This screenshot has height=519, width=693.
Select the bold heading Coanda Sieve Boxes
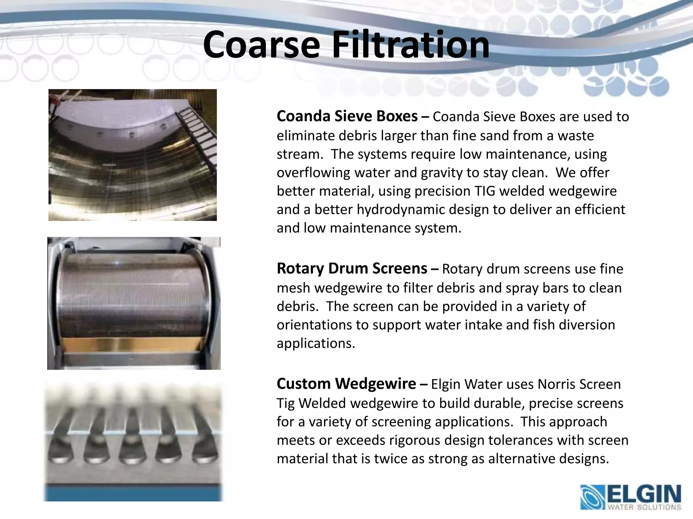click(x=347, y=116)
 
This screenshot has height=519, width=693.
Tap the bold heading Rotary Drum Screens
click(x=352, y=269)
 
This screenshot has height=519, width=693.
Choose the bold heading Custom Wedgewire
click(x=346, y=384)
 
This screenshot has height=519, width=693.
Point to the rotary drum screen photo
click(x=134, y=303)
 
